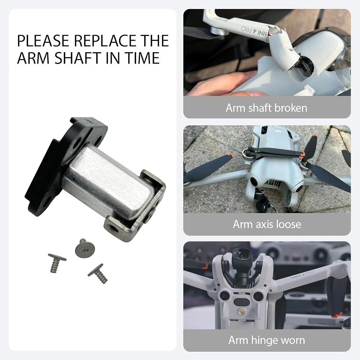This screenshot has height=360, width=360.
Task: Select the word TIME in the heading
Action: [x=142, y=58]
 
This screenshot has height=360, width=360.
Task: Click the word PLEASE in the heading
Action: [x=43, y=41]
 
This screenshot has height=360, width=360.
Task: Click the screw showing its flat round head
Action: [x=85, y=248]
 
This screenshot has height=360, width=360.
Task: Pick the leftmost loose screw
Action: [x=57, y=263]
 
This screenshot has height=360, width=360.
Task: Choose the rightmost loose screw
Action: [x=98, y=273]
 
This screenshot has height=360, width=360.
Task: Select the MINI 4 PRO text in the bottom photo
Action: [x=303, y=275]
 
